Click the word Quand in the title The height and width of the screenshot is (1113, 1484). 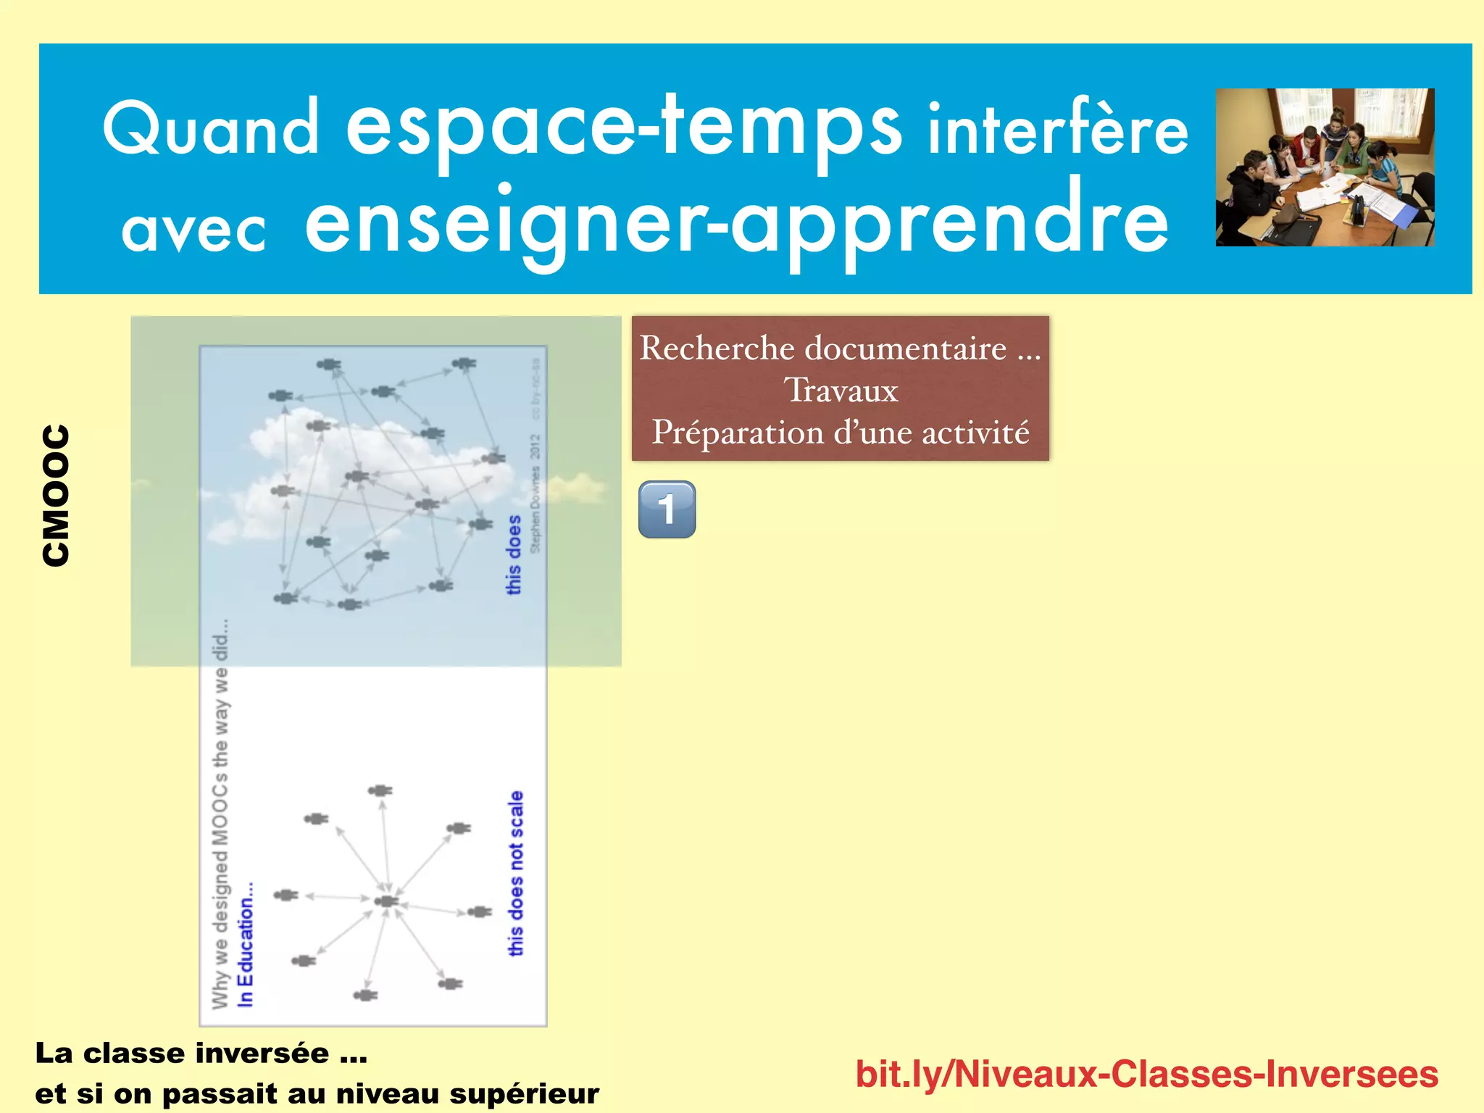pos(210,129)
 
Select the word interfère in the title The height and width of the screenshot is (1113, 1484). pos(1058,130)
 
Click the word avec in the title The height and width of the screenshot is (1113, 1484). pos(193,230)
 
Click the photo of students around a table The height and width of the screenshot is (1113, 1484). pos(1325,167)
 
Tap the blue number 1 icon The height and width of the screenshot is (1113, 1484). pos(667,509)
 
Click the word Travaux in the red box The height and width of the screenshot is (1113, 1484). pos(841,391)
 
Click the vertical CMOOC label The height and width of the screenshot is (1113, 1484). pos(56,495)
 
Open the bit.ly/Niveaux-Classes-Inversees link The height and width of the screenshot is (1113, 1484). pos(1146,1074)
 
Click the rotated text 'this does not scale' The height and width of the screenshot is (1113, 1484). pos(515,873)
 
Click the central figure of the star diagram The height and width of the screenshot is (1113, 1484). pos(386,901)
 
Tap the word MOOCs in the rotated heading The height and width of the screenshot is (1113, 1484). pos(220,812)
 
